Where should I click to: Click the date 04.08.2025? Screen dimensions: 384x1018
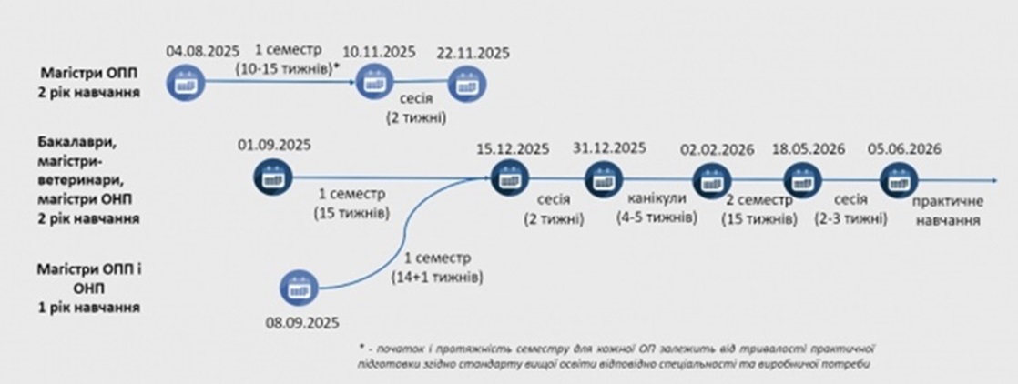point(202,52)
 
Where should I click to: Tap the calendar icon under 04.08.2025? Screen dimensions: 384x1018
point(184,84)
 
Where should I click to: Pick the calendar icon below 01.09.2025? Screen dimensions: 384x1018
point(273,177)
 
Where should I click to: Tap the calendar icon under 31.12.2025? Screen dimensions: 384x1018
point(603,177)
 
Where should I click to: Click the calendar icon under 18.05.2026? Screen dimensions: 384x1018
point(802,177)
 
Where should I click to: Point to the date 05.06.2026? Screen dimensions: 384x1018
point(904,148)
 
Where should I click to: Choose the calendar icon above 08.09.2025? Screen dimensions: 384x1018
point(299,288)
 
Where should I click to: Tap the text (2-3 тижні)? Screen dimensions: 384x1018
point(851,219)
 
